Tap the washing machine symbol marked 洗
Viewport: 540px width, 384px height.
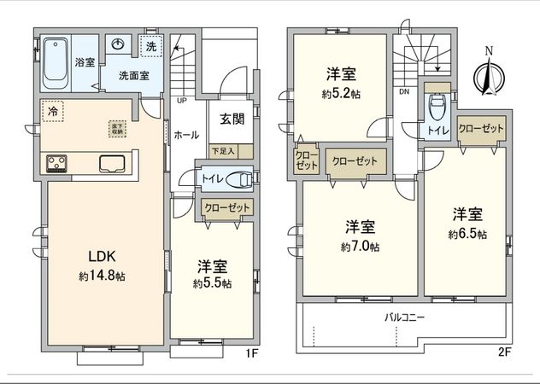click(150, 46)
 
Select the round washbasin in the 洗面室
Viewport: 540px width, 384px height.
click(120, 46)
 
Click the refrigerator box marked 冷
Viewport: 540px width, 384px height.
click(53, 112)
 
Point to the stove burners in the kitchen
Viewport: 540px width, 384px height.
click(57, 162)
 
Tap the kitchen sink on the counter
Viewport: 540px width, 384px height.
click(113, 163)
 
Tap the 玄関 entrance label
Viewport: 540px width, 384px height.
click(232, 119)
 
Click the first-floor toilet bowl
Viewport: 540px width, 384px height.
click(240, 178)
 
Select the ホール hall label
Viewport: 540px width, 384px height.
click(186, 136)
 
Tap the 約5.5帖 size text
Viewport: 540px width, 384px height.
click(211, 284)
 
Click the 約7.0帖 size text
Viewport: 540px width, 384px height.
click(360, 247)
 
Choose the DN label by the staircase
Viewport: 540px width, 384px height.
click(402, 90)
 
